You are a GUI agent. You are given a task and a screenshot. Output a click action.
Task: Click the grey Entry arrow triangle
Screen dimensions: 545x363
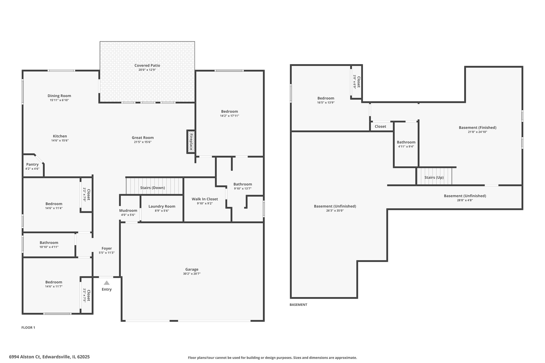[107, 283]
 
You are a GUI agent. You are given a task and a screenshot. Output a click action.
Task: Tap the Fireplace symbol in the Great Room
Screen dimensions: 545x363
[191, 142]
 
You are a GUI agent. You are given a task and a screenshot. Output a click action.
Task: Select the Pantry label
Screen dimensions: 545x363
[32, 164]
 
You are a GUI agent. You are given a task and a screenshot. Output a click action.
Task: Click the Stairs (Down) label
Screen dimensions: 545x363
[152, 188]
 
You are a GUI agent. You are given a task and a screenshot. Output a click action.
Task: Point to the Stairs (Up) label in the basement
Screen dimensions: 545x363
[434, 177]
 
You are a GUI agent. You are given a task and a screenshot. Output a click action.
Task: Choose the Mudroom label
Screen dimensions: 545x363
[128, 211]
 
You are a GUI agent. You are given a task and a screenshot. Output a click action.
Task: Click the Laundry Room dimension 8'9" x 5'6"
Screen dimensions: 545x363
[162, 211]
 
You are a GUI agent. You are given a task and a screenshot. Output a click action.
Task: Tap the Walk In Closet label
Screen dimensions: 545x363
[205, 199]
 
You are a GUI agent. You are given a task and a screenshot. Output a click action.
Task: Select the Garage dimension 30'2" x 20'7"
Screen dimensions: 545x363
[192, 274]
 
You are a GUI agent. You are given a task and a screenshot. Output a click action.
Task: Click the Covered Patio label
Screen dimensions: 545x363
[147, 65]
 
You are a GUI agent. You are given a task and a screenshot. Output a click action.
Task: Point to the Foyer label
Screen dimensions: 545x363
[107, 248]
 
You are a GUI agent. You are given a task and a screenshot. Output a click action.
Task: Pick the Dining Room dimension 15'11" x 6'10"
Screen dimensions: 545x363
[59, 100]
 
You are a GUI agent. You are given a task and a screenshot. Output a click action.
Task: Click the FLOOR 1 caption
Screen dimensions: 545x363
[28, 328]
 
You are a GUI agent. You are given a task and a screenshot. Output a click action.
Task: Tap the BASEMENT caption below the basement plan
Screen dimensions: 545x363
[298, 305]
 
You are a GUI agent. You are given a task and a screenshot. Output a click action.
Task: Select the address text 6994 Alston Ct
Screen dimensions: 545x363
[25, 357]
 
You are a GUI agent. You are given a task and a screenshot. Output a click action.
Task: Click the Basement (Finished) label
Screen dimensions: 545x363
[478, 127]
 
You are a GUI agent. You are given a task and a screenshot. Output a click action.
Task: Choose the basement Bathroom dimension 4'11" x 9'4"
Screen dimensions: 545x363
[406, 147]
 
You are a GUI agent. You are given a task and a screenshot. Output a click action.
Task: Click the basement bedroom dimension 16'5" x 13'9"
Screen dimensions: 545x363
[326, 102]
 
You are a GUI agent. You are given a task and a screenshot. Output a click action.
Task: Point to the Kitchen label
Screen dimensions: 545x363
[60, 136]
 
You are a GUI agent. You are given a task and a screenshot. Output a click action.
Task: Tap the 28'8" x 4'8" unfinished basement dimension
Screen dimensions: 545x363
[465, 200]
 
